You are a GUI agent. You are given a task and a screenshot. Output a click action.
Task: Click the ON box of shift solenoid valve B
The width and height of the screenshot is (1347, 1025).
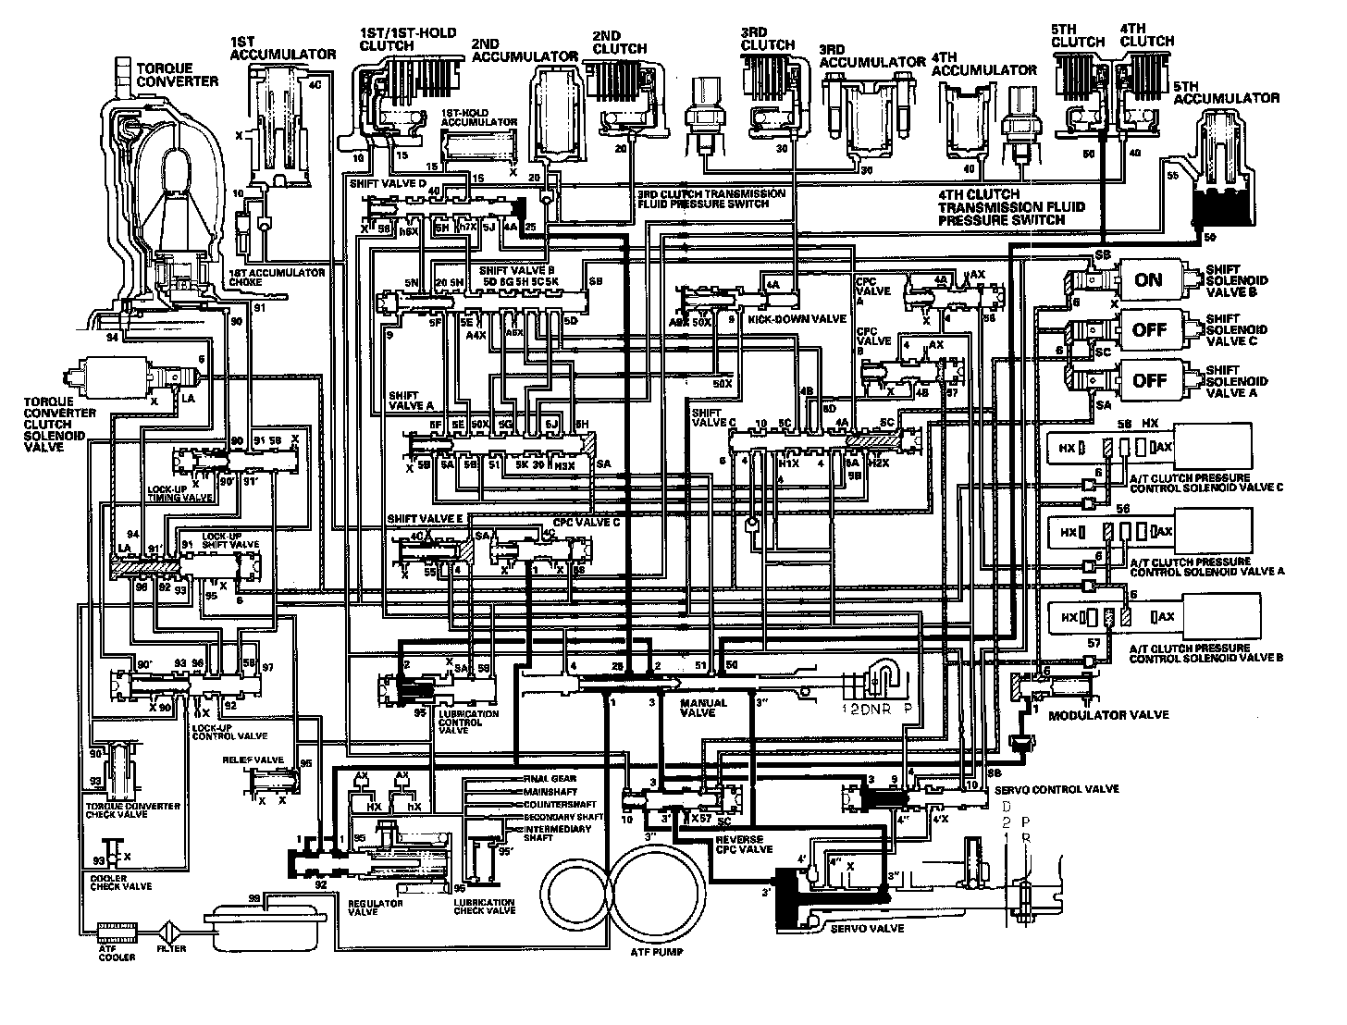pos(1148,279)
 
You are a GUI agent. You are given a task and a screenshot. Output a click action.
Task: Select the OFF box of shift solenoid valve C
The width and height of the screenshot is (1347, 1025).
pos(1148,329)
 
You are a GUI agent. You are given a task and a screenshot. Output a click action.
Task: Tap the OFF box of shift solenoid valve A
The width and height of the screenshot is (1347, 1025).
pos(1148,379)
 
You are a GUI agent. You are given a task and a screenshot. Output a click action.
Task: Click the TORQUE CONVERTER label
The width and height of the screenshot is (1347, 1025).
pos(177,75)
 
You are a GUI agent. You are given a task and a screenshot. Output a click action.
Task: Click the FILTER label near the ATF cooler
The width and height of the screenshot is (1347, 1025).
pos(171,948)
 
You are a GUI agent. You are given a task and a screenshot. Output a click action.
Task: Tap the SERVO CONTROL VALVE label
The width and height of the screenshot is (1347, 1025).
pos(1055,789)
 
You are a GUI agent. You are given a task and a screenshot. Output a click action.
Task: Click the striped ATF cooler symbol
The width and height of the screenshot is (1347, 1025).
pos(117,928)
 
